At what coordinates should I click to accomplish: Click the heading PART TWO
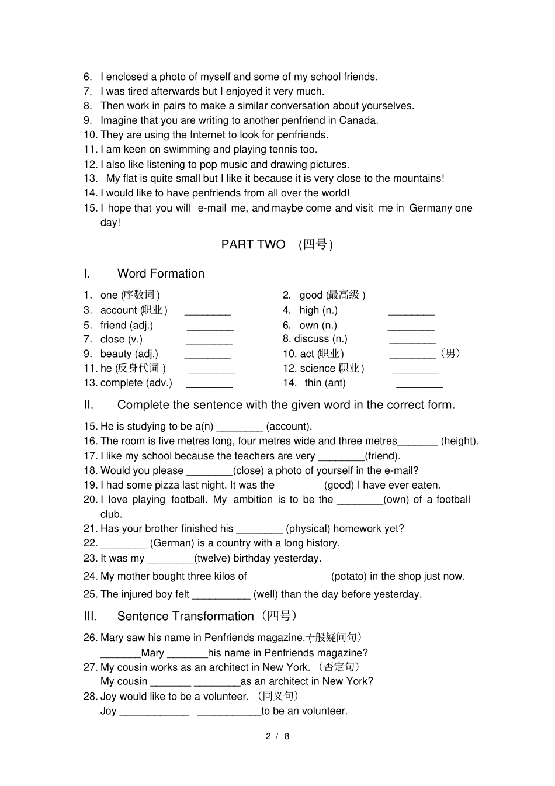click(253, 244)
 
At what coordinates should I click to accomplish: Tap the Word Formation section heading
click(161, 273)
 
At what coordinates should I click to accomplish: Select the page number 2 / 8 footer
click(277, 736)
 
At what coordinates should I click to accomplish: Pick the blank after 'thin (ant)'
click(419, 384)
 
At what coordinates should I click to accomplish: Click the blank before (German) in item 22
click(123, 544)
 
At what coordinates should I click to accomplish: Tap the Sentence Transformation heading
click(185, 616)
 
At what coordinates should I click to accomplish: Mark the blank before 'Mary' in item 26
click(120, 654)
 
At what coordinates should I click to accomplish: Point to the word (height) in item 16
click(459, 441)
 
